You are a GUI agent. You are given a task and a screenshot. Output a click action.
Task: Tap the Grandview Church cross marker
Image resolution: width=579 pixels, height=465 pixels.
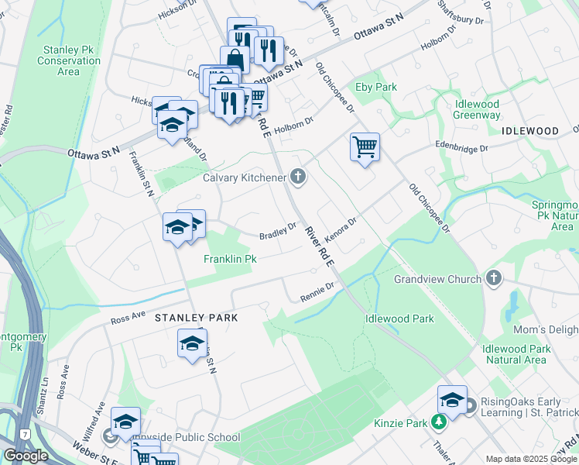[494, 279]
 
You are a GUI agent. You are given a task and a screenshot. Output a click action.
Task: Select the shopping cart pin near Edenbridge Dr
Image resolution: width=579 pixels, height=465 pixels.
[365, 146]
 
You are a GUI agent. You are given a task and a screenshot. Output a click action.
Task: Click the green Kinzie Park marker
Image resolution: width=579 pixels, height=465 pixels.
[439, 422]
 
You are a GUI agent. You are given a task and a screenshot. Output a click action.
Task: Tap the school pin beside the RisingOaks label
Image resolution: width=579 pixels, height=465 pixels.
[452, 399]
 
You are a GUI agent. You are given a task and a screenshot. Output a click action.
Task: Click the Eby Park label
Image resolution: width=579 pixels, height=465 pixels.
[375, 87]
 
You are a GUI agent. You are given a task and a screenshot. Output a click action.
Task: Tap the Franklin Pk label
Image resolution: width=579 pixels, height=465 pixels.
[230, 259]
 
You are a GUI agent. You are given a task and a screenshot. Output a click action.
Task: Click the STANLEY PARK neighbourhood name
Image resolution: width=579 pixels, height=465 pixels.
[196, 318]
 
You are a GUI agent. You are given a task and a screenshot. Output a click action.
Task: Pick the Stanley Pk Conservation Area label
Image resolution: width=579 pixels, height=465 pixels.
[69, 60]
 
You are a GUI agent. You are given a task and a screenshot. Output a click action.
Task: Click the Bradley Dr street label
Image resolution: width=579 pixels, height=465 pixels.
[278, 231]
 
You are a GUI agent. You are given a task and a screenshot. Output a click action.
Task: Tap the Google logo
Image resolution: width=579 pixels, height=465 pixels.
[26, 456]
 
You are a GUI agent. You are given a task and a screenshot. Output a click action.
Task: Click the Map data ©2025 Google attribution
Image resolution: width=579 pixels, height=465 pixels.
[532, 459]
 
